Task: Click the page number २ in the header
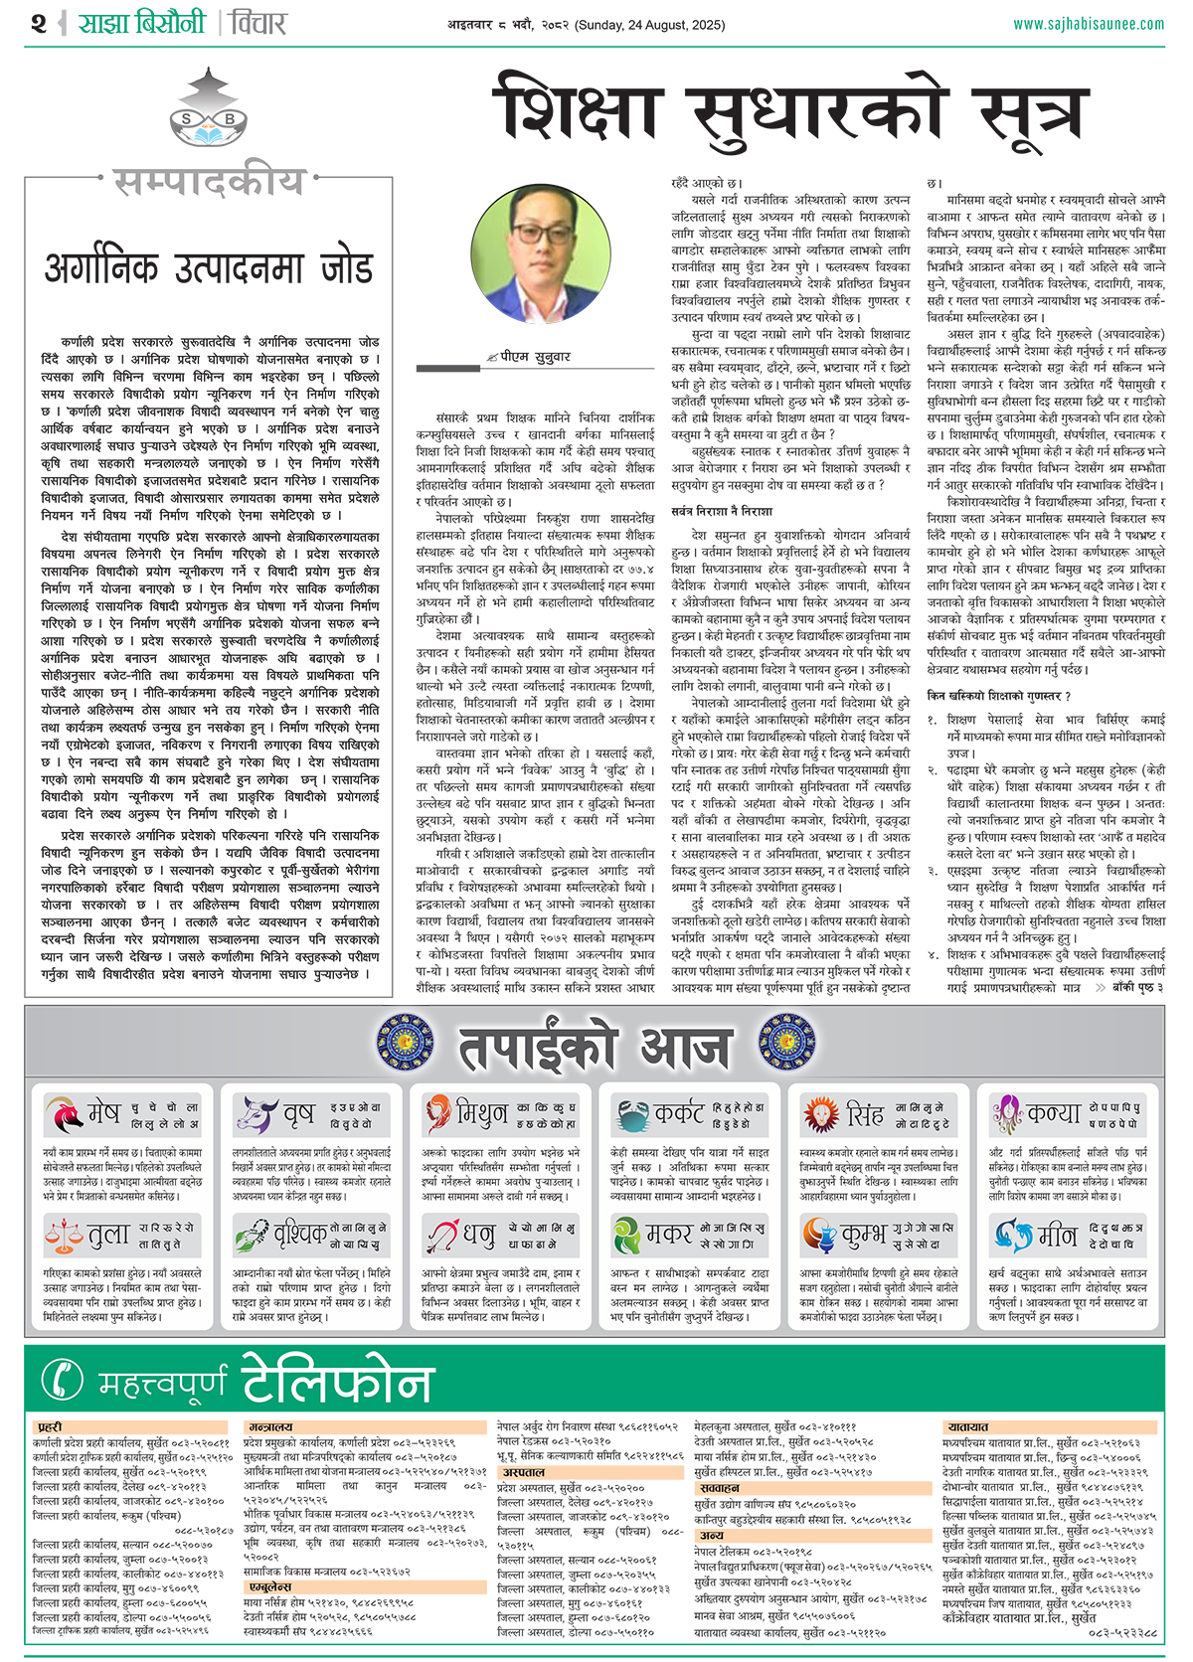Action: tap(39, 23)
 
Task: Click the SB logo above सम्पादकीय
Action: tap(208, 119)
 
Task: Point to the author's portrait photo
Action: tap(528, 253)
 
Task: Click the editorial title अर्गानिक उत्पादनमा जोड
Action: tap(209, 268)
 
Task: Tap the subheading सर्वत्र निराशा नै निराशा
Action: tap(722, 510)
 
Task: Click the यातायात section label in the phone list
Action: tap(967, 1426)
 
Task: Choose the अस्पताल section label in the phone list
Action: tap(523, 1472)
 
